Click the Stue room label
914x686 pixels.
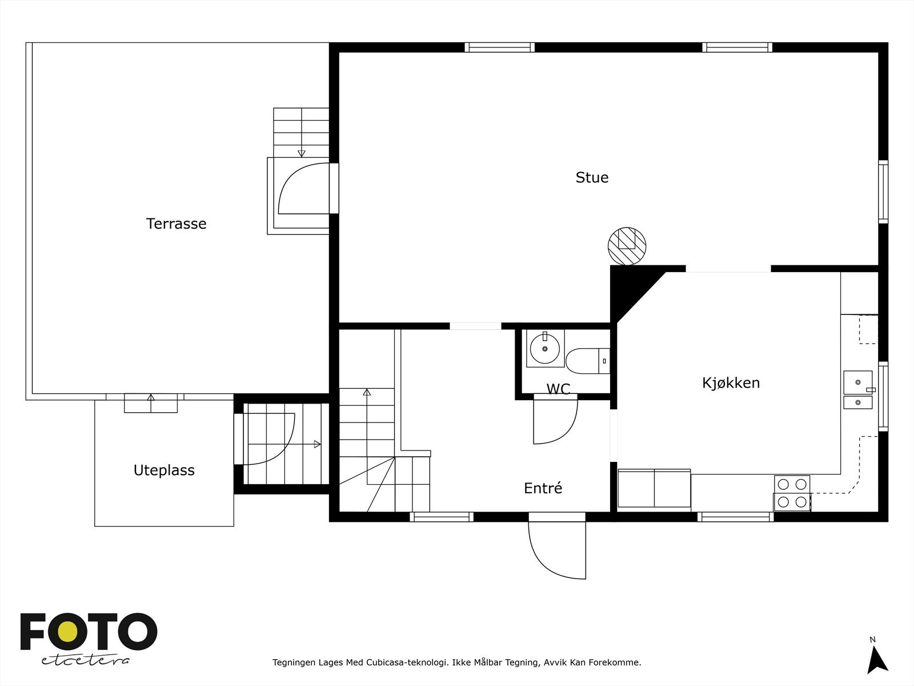(x=592, y=177)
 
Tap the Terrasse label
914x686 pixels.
(x=176, y=224)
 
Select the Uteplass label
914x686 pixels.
(x=164, y=470)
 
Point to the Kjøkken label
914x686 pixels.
(x=731, y=383)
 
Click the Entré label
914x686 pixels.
(x=543, y=488)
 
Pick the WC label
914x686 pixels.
(x=558, y=389)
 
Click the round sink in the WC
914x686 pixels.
(x=544, y=349)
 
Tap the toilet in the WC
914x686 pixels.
(x=588, y=361)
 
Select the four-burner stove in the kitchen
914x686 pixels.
(x=792, y=493)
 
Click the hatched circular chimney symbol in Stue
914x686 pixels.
(x=627, y=246)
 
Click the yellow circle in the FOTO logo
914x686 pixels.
(x=68, y=632)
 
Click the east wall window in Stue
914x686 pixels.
(x=883, y=192)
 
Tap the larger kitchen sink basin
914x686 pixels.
(x=858, y=382)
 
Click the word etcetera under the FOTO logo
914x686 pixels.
(x=85, y=661)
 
